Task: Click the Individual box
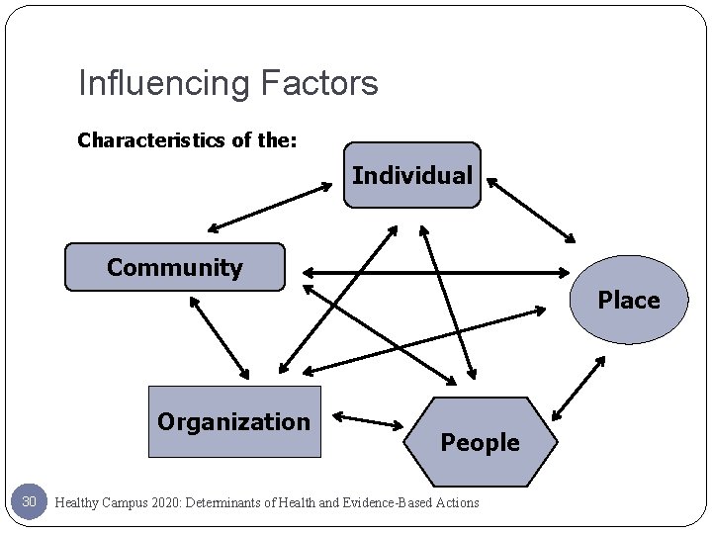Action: click(x=412, y=175)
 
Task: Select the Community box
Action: click(x=175, y=267)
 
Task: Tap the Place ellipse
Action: click(x=628, y=300)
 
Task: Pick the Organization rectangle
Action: click(x=234, y=422)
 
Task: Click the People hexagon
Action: click(x=480, y=442)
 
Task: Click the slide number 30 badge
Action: click(x=29, y=502)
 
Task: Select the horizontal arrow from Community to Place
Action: click(x=435, y=271)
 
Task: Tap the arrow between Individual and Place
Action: click(x=530, y=209)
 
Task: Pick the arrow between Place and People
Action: click(x=578, y=388)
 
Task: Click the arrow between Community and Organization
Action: click(x=220, y=337)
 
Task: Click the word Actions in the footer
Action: click(x=458, y=503)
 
